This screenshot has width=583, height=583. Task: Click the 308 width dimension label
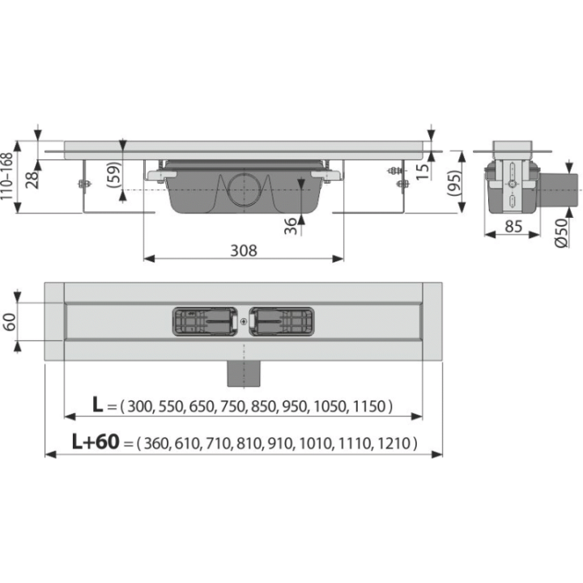[244, 250]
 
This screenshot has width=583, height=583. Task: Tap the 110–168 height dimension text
[6, 177]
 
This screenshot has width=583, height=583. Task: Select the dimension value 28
[32, 180]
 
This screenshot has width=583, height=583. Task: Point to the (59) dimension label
[114, 174]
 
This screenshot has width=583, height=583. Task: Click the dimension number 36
[291, 226]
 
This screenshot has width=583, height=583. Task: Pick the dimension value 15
[423, 172]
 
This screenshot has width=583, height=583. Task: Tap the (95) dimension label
[454, 183]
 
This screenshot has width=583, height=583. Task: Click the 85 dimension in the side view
[513, 226]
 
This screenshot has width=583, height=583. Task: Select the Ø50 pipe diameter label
[561, 232]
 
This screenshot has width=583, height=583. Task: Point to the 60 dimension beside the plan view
[9, 322]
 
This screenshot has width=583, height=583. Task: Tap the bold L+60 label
[96, 442]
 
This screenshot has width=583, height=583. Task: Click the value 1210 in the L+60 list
[394, 444]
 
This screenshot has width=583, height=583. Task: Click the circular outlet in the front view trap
[244, 189]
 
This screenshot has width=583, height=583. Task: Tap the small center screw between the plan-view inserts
[244, 321]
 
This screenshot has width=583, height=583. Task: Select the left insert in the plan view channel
[205, 321]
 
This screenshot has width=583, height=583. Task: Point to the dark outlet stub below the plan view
[244, 373]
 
